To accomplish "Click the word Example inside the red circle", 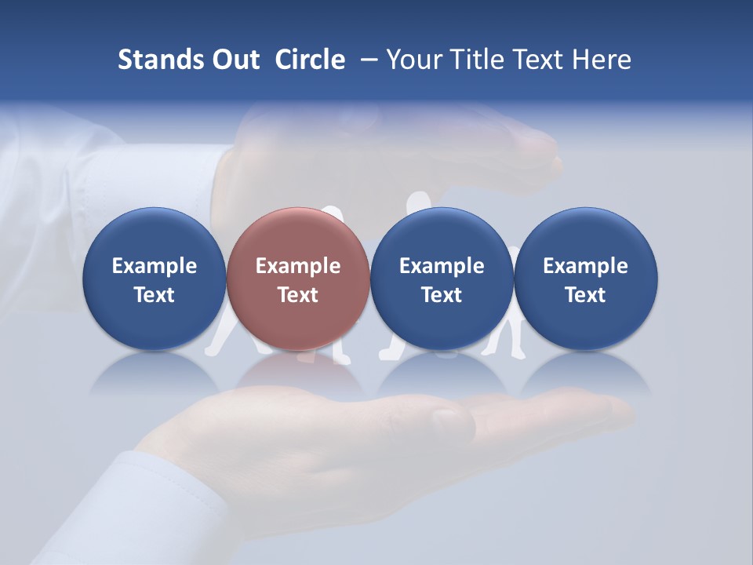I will click(298, 266).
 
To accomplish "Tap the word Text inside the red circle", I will click(298, 295).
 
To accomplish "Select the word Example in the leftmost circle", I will click(155, 266).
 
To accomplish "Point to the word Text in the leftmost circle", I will click(155, 295).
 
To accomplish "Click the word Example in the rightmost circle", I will click(585, 266).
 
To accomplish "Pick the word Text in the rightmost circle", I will click(585, 295).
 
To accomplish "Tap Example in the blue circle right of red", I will click(442, 266).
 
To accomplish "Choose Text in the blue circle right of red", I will click(442, 295).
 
